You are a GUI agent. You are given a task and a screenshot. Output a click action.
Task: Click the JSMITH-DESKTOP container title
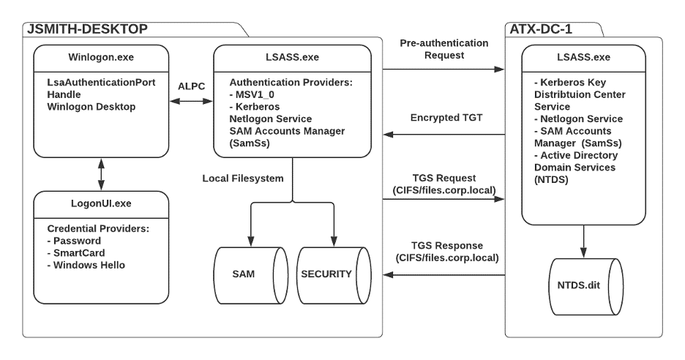click(87, 29)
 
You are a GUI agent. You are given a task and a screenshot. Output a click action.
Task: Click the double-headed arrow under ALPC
click(191, 104)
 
